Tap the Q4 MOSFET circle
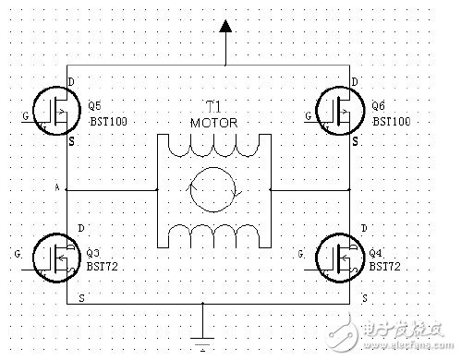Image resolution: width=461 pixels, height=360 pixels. [x=336, y=254]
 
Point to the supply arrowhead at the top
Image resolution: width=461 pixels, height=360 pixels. [x=225, y=31]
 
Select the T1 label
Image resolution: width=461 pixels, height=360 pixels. [x=213, y=106]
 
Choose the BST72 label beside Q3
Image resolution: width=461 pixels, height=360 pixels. [x=103, y=265]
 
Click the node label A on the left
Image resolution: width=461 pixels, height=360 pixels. [x=57, y=187]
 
